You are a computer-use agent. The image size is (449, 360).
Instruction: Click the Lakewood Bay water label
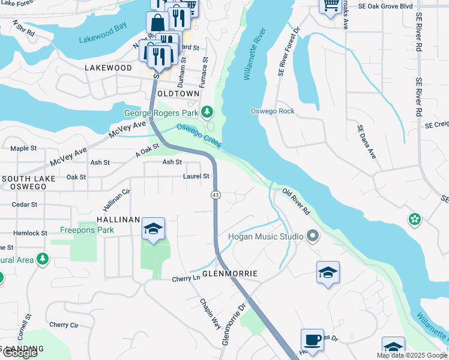coord(103,41)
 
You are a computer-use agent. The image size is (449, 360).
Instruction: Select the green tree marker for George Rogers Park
coord(207,112)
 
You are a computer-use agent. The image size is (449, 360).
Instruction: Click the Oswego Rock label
coord(273,111)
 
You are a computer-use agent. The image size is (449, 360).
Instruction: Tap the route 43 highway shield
coord(215,195)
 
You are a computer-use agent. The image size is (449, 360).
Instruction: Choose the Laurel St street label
coord(196,176)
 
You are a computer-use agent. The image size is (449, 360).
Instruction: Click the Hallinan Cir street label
coord(116,200)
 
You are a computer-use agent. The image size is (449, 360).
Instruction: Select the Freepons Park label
coord(87,230)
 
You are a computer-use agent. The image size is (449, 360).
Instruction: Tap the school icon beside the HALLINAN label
coord(153,229)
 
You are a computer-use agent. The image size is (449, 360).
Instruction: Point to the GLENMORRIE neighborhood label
coord(230,274)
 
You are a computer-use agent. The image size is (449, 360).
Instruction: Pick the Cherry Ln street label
coord(185,279)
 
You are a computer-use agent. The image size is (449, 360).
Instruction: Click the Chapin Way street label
coord(211,312)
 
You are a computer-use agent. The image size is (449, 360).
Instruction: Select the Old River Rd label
coord(296,202)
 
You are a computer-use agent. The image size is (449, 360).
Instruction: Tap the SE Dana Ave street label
coord(366,142)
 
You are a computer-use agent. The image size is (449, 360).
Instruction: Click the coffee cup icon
coord(312,340)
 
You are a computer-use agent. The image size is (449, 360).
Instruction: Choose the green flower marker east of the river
coord(414,220)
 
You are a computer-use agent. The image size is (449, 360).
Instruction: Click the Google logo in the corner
coord(20,353)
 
